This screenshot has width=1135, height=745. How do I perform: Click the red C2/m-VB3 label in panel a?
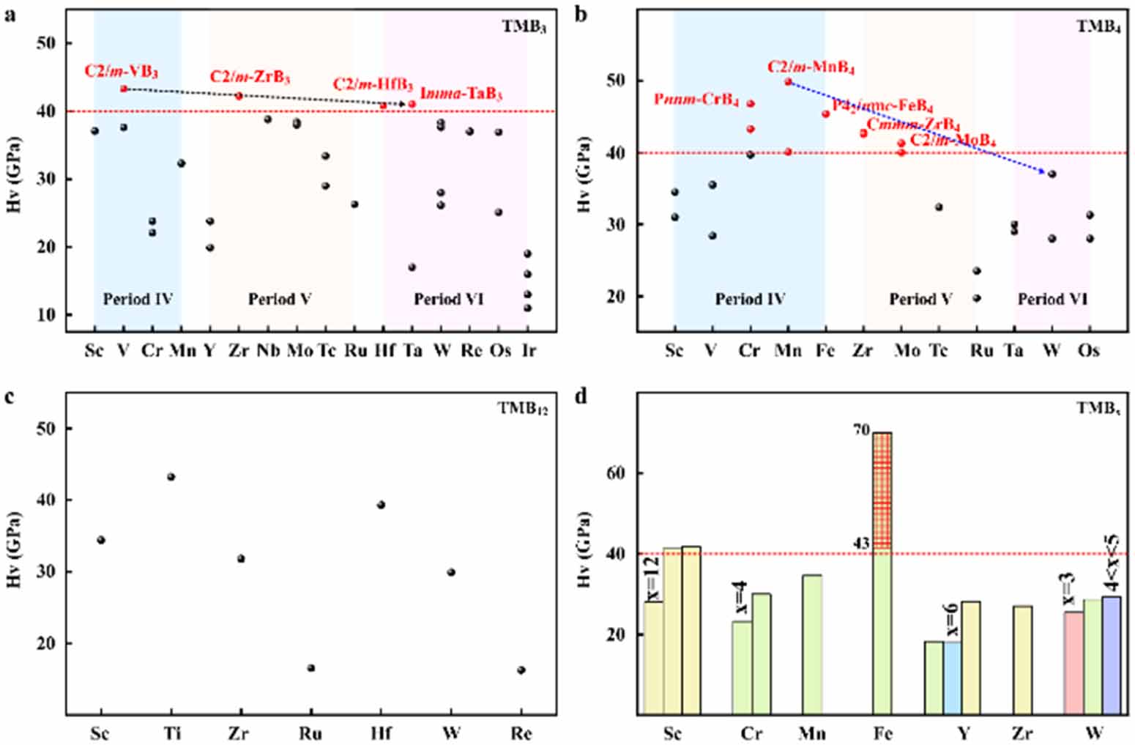point(121,72)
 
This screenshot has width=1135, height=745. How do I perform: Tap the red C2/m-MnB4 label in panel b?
point(811,67)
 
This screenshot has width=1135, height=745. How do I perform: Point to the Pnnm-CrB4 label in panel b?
point(696,100)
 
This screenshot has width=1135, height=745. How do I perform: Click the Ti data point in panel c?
point(171,477)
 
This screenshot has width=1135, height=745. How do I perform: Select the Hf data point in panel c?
point(381,505)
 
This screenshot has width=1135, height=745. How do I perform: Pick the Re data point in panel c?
point(521,670)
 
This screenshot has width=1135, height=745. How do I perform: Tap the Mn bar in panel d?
point(811,644)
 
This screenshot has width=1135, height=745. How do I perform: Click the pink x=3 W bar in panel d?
point(1073,662)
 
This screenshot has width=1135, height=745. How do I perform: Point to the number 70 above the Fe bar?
point(860,431)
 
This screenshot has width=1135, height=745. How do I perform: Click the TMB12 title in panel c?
point(523,409)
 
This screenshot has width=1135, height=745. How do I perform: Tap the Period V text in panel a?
point(280,299)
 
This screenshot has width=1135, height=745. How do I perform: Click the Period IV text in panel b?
point(750,299)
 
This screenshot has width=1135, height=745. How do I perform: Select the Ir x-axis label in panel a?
point(528,351)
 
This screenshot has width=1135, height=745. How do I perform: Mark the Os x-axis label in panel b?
point(1089,351)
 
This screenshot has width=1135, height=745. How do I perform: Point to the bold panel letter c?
point(9,398)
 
